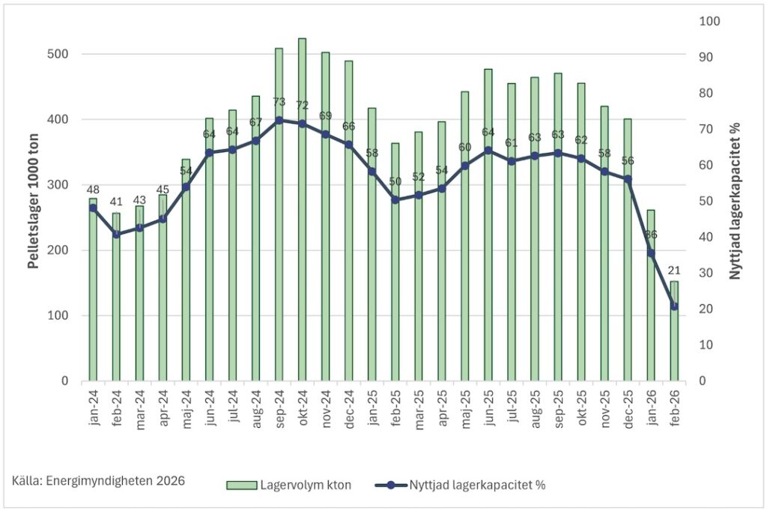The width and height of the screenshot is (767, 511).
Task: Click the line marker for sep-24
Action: click(279, 120)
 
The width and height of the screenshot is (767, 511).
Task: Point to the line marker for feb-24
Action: click(116, 235)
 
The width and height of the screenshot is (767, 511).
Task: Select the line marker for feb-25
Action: click(395, 200)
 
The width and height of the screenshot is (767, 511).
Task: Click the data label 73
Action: click(279, 102)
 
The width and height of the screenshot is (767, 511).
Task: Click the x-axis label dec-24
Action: click(349, 408)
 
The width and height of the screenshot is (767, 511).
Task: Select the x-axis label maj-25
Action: click(465, 408)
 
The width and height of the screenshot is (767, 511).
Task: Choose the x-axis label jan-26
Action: click(651, 408)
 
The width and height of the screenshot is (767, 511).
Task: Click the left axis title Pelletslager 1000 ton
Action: click(33, 201)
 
